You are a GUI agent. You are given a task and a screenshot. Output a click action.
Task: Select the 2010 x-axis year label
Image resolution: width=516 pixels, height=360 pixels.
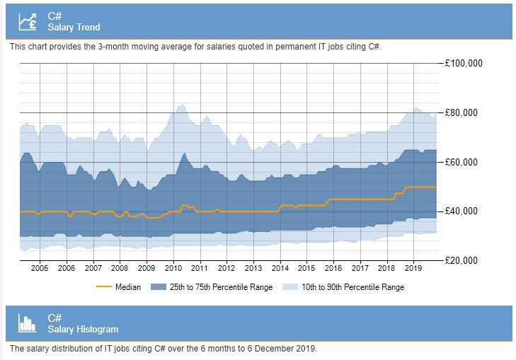[173, 269]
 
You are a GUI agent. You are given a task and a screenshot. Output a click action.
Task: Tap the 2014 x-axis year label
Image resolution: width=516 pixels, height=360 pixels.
[280, 269]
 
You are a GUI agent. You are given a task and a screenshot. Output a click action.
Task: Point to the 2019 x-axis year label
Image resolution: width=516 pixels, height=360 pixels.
[414, 269]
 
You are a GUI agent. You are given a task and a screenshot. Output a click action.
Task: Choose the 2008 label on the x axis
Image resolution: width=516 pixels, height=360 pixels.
[120, 269]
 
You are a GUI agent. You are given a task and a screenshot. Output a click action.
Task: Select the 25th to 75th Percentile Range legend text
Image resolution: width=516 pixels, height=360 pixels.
[220, 287]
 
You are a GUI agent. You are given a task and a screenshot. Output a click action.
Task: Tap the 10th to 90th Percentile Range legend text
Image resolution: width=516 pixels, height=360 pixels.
[352, 287]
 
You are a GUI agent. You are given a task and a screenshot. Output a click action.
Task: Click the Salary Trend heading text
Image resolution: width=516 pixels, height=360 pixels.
[74, 27]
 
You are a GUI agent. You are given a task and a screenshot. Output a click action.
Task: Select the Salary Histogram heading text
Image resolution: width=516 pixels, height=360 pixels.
[83, 329]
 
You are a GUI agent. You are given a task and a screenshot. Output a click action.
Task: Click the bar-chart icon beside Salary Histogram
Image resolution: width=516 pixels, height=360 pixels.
[28, 323]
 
